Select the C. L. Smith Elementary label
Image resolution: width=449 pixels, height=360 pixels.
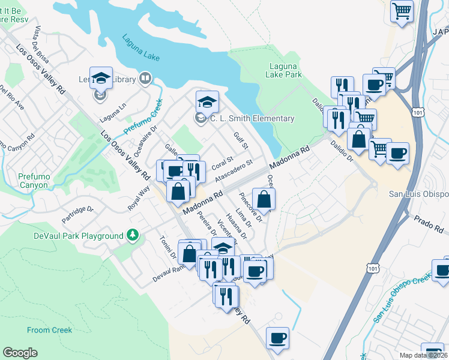pyautogui.click(x=252, y=119)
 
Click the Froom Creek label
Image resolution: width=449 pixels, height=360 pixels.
pyautogui.click(x=49, y=330)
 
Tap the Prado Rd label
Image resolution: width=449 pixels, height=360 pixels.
pyautogui.click(x=430, y=224)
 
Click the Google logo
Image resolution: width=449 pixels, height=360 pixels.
pyautogui.click(x=20, y=353)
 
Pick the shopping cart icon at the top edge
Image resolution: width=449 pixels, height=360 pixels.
pyautogui.click(x=402, y=10)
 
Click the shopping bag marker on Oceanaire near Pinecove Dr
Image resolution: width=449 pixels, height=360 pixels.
pyautogui.click(x=264, y=200)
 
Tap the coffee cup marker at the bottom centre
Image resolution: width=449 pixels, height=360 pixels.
pyautogui.click(x=277, y=338)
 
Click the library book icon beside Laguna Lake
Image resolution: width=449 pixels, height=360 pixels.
pyautogui.click(x=145, y=78)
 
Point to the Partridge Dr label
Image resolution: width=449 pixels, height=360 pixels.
pyautogui.click(x=78, y=215)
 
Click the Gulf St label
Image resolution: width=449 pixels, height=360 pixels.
pyautogui.click(x=240, y=142)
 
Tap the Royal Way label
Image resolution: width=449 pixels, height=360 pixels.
pyautogui.click(x=139, y=197)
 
